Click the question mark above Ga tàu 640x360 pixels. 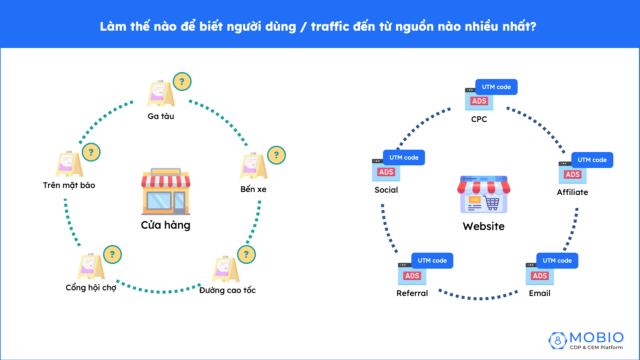tap(182, 82)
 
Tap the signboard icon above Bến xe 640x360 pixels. tap(253, 166)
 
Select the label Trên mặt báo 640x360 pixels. tap(69, 185)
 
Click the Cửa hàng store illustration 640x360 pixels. tap(166, 191)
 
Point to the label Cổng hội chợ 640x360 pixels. tap(91, 287)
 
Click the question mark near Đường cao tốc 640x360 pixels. tap(246, 254)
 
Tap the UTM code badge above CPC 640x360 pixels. tap(496, 87)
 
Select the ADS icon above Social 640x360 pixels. tap(386, 171)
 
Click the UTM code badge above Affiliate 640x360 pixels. tap(592, 160)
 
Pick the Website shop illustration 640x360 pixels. tap(484, 195)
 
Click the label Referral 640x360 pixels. tap(412, 293)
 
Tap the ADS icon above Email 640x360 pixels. tap(539, 275)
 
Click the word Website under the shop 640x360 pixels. tap(484, 226)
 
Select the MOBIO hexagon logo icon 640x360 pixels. tap(557, 341)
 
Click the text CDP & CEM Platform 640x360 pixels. tap(596, 347)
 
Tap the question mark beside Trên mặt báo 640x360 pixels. tap(91, 152)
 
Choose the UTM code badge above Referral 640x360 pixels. tap(432, 261)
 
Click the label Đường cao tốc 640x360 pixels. tap(227, 290)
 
